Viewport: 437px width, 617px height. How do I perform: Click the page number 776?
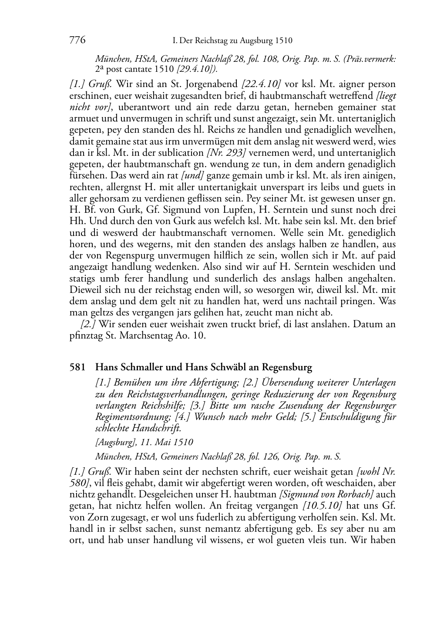coord(77,40)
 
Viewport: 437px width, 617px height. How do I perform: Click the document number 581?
coord(77,367)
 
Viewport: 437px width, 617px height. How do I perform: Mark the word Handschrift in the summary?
coord(160,428)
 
